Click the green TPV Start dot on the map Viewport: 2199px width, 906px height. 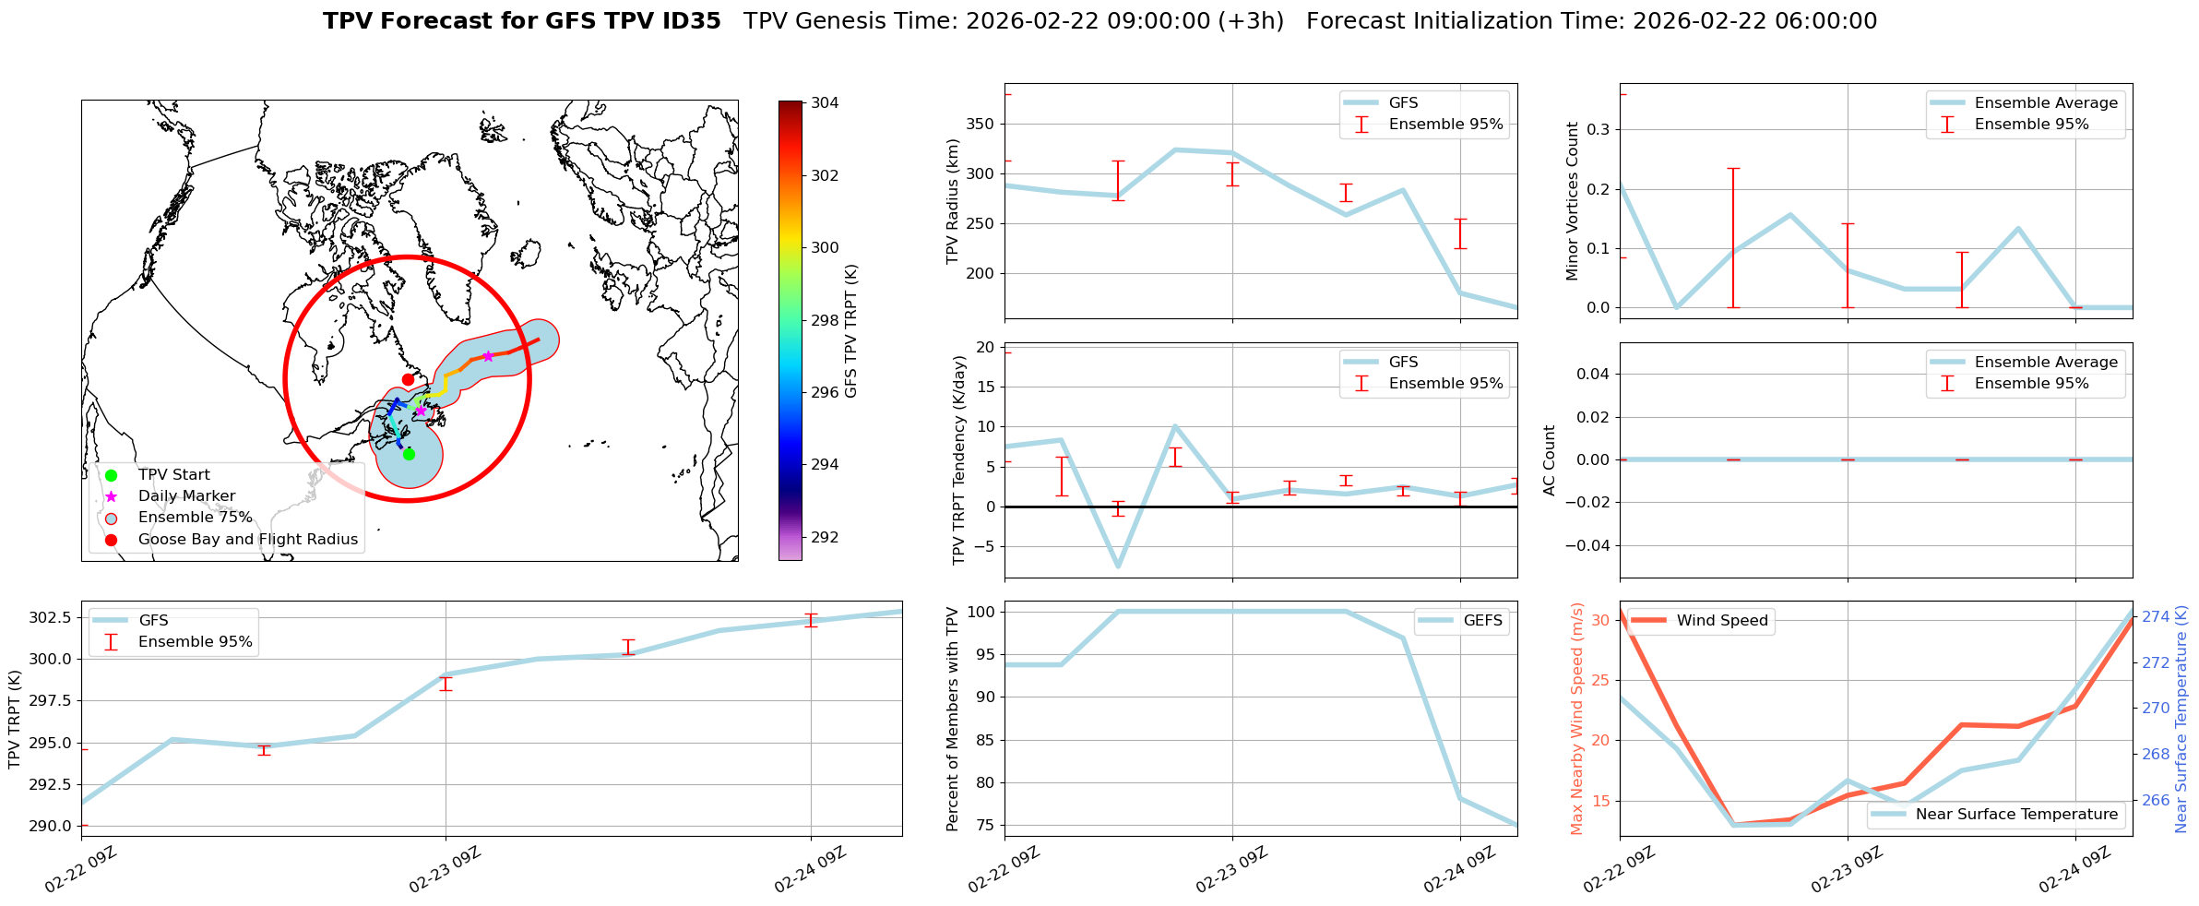point(409,454)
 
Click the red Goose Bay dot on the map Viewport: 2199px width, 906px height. point(408,379)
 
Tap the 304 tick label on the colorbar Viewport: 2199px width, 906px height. point(825,103)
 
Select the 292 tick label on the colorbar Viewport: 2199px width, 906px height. point(825,537)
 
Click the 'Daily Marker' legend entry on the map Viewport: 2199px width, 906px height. point(186,496)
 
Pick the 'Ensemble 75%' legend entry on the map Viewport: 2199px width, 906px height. point(195,518)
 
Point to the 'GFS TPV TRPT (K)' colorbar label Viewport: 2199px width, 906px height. point(850,331)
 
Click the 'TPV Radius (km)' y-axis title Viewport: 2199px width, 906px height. point(953,201)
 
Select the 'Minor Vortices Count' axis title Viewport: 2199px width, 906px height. point(1572,201)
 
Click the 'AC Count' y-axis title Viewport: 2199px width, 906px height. point(1550,460)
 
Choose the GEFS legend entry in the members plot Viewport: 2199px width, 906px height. point(1482,621)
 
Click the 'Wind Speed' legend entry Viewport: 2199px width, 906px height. point(1722,621)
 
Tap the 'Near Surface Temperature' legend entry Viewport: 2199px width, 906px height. point(2016,815)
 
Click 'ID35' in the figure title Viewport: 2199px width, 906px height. point(691,21)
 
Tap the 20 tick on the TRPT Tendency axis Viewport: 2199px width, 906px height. point(984,347)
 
